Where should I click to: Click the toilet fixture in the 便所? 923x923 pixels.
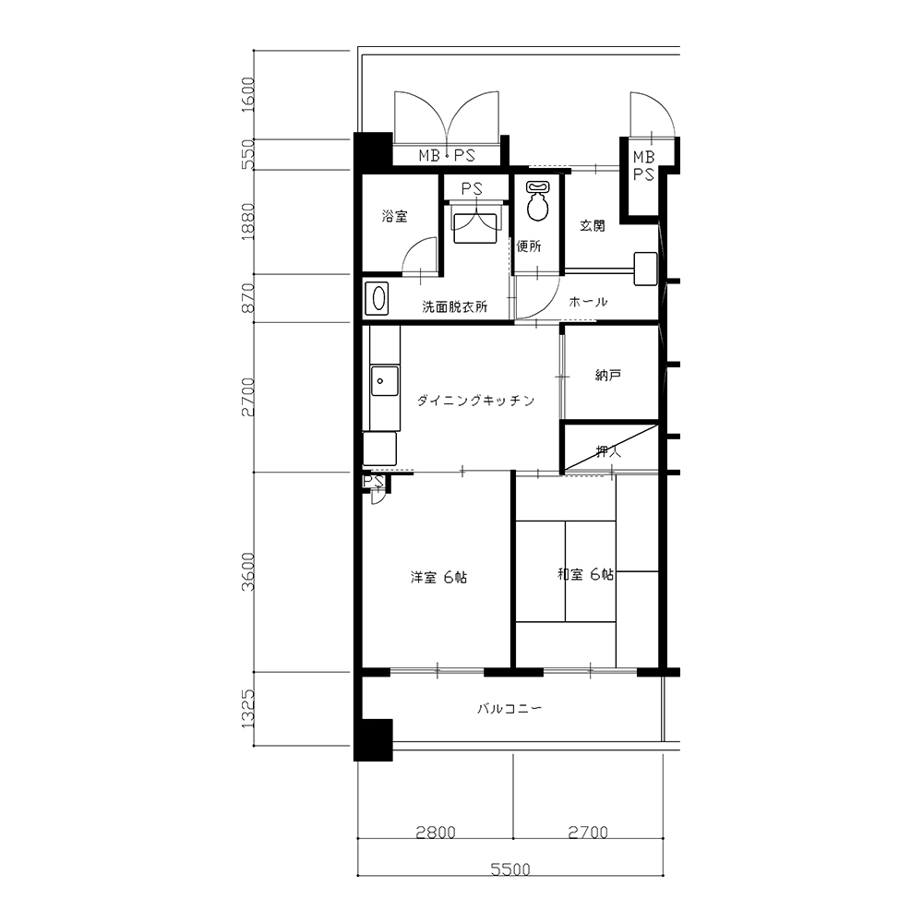point(537,200)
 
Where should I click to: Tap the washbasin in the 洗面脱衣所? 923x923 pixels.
point(378,299)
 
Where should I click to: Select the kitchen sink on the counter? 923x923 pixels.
point(384,381)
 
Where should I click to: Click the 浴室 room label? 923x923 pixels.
point(394,217)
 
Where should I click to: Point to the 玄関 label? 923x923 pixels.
point(593,225)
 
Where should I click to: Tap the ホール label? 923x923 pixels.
point(588,302)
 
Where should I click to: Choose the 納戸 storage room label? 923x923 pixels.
point(608,375)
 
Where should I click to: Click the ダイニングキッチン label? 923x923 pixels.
point(475,401)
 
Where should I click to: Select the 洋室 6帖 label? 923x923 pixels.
point(439,578)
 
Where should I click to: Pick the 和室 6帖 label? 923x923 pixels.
point(586,574)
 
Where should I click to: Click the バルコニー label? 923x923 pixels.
point(509,709)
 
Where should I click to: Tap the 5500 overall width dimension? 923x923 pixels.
point(510,869)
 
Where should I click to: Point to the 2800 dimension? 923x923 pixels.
point(436,833)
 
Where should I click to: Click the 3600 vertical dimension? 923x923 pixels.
point(248,571)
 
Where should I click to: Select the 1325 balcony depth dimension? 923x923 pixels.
point(248,709)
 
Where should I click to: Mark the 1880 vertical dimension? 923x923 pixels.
point(248,222)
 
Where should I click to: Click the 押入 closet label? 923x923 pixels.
point(608,451)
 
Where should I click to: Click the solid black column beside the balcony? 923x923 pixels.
point(373,740)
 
